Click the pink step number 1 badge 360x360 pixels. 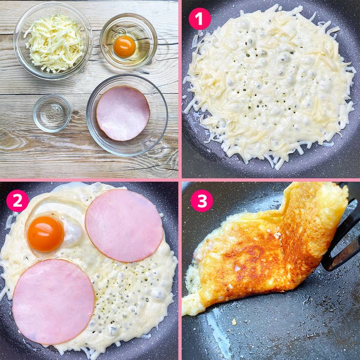[200, 19]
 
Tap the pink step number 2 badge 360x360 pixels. [17, 201]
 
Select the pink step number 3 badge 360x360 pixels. [202, 201]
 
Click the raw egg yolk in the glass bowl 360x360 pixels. [124, 47]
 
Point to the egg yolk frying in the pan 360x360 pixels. [45, 234]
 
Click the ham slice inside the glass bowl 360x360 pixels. [123, 113]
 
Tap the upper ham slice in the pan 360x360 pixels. [124, 225]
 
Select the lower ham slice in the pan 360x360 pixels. [53, 301]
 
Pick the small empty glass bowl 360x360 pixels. [52, 113]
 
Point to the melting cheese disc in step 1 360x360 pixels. [270, 85]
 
